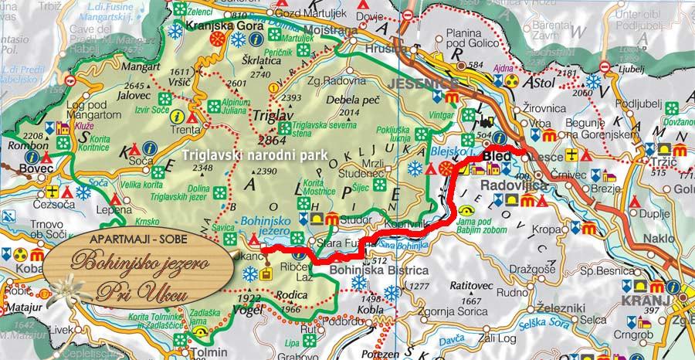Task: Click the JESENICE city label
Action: coord(417,83)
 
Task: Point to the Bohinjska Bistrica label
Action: coord(378,270)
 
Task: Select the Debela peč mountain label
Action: coord(348,99)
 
